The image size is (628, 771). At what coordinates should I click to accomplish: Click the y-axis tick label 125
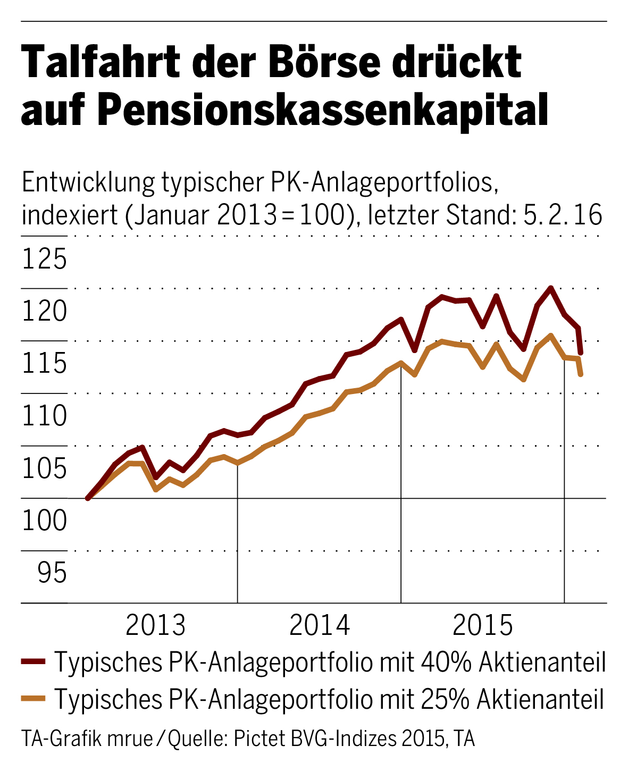point(45,259)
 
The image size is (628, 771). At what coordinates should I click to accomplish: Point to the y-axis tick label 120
point(45,312)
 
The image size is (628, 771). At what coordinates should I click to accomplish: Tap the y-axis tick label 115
point(45,364)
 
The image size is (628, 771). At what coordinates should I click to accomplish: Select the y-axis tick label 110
point(45,416)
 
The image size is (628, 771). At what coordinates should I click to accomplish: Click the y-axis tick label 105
point(45,469)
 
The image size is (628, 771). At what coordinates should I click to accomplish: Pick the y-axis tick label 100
point(45,521)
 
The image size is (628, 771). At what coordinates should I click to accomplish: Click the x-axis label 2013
point(156,626)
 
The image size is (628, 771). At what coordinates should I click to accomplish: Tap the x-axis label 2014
point(320,626)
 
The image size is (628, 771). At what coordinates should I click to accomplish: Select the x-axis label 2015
point(483,626)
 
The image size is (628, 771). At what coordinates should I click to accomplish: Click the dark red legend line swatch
point(34,662)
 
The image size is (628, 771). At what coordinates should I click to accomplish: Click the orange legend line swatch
point(34,698)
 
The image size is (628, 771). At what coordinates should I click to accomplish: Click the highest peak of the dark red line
point(551,288)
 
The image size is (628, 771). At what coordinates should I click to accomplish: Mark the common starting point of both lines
point(88,498)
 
